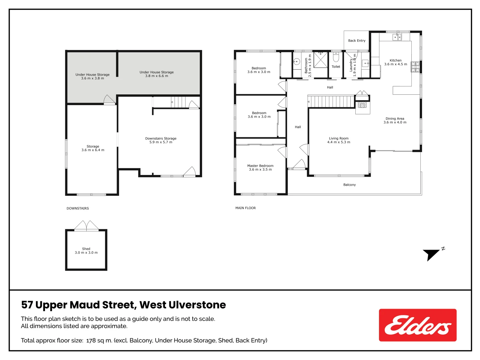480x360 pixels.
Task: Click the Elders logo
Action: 417,325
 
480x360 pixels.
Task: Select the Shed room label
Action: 86,251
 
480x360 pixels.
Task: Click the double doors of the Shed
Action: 86,226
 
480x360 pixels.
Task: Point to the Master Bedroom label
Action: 260,168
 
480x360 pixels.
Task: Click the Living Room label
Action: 339,140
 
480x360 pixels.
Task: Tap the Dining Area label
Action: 395,120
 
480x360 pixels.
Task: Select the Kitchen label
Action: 395,62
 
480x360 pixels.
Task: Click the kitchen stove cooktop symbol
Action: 415,67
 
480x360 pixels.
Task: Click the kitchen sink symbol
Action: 397,37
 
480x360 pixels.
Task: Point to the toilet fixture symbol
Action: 336,58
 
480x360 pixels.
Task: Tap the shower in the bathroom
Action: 321,60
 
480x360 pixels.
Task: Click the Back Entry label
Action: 357,41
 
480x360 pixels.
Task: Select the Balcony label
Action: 349,185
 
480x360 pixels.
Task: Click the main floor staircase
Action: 331,101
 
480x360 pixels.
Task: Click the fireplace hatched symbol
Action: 362,105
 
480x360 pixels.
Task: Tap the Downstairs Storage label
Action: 161,140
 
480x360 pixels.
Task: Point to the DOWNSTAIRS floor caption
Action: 78,208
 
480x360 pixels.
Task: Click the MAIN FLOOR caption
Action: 245,208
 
